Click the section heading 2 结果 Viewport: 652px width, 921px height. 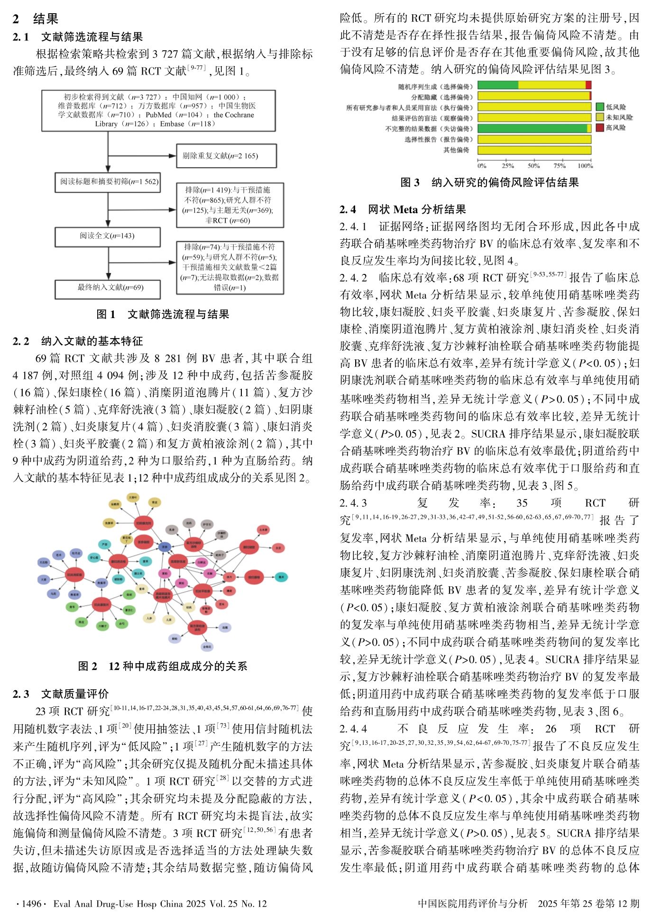tap(36, 19)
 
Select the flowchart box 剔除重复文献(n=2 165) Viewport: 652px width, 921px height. tap(226, 156)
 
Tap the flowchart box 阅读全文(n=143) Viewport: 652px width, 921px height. tap(108, 236)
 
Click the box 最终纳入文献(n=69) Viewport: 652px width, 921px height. tap(108, 288)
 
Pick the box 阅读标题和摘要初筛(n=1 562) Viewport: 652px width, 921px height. tap(109, 182)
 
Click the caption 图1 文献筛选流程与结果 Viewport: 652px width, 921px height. tap(163, 314)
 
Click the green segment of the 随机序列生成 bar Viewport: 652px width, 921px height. tap(497, 85)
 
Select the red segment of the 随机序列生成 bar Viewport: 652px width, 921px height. tap(588, 85)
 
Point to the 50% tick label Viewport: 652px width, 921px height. tap(533, 166)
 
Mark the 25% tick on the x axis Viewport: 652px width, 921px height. tap(508, 166)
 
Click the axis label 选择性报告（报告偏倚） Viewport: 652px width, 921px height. tap(439, 140)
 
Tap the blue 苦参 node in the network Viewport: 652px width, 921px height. tap(165, 547)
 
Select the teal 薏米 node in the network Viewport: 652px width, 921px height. tap(281, 577)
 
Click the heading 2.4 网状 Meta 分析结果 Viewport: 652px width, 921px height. tap(403, 209)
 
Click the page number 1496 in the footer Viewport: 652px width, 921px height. tap(32, 903)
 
